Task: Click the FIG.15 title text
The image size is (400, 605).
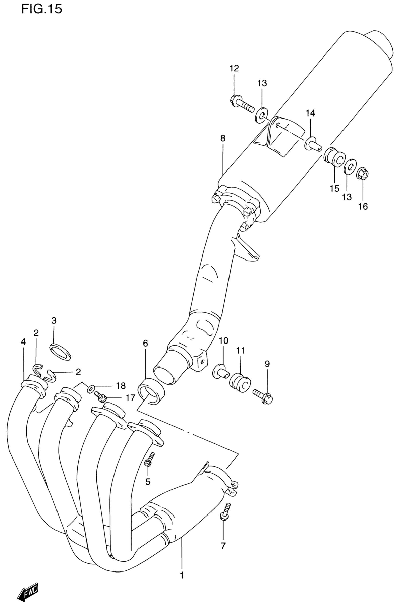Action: (x=42, y=9)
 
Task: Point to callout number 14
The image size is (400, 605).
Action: (x=311, y=113)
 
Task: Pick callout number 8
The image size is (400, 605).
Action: (x=223, y=139)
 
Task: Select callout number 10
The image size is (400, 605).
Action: (x=224, y=341)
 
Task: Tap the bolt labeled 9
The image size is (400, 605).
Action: (x=263, y=400)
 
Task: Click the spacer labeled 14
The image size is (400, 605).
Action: (x=313, y=144)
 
